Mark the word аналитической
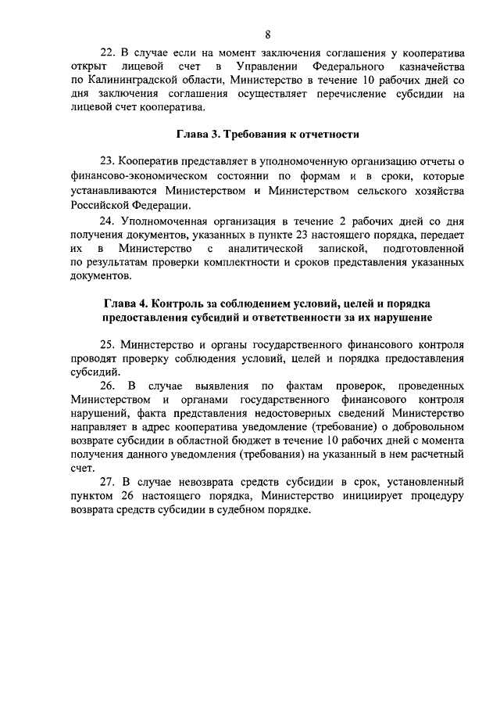(x=264, y=248)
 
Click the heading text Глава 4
(x=125, y=303)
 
